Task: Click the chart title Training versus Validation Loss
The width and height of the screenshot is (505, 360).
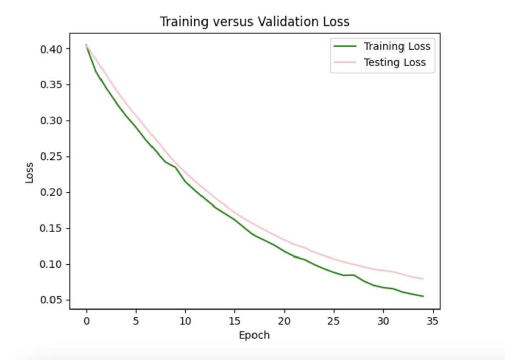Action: (255, 22)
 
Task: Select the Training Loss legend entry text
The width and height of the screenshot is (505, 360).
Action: (397, 47)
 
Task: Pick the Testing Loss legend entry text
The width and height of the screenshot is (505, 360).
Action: (394, 63)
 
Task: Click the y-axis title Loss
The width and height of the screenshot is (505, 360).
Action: (30, 172)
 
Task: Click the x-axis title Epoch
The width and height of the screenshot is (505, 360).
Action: (255, 335)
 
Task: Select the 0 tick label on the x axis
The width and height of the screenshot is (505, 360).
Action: (86, 321)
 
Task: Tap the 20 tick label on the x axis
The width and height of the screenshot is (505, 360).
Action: (284, 321)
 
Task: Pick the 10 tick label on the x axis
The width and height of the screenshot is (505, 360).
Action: (185, 321)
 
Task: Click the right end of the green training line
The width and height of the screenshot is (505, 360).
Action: (423, 296)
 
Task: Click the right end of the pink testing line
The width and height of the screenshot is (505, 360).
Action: (423, 279)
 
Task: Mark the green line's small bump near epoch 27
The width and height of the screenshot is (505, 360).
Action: (353, 275)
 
